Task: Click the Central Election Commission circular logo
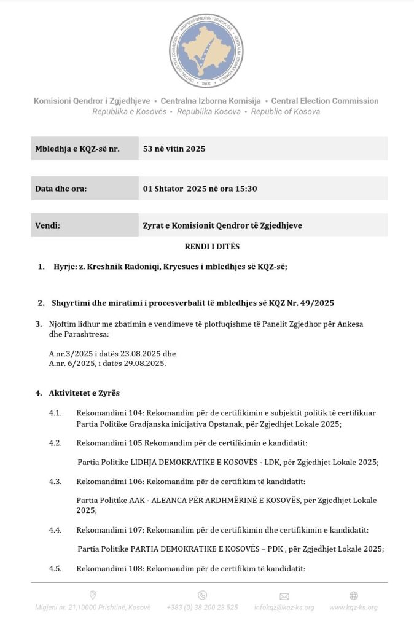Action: (206, 50)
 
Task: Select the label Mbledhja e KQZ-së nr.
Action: (77, 149)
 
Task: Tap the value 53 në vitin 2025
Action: (174, 149)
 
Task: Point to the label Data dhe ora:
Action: (61, 189)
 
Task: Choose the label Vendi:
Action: (47, 225)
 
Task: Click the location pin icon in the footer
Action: (93, 595)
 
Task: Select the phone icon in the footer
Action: (202, 595)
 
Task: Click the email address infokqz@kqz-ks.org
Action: (284, 608)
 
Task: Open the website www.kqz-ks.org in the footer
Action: (353, 608)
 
